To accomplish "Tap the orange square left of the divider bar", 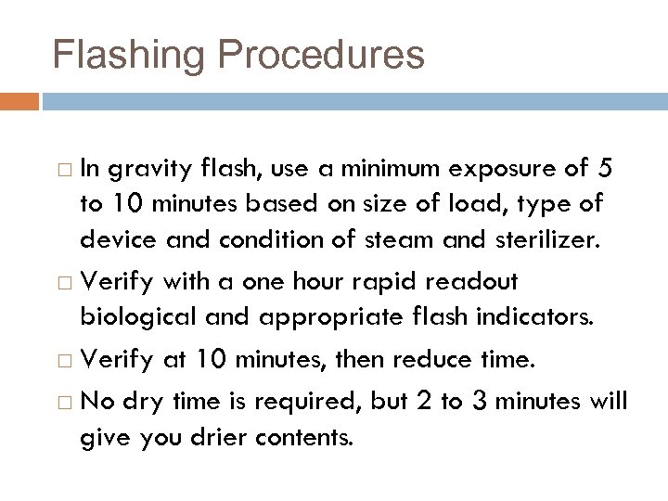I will coord(19,99).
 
